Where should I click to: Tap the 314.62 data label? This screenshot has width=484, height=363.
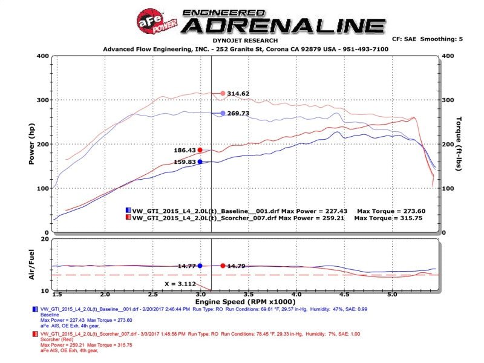coord(239,93)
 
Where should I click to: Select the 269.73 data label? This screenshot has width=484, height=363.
coord(239,113)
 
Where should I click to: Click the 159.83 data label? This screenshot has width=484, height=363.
coord(183,162)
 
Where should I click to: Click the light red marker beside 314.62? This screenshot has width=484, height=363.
coord(223,93)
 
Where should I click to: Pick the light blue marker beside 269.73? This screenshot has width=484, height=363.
coord(223,113)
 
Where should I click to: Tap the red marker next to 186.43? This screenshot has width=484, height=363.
coord(200,150)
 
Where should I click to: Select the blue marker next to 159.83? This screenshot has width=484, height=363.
coord(200,162)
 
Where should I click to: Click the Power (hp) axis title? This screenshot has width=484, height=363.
coord(31,145)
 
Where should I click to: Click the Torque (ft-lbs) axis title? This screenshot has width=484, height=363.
coord(459,144)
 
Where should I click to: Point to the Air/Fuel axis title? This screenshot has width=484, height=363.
coord(31,266)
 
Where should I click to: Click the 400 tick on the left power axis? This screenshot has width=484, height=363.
coord(42,56)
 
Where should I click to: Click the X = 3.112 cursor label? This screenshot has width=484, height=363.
coord(180,283)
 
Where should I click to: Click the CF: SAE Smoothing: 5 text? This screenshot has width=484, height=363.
coord(427,39)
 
